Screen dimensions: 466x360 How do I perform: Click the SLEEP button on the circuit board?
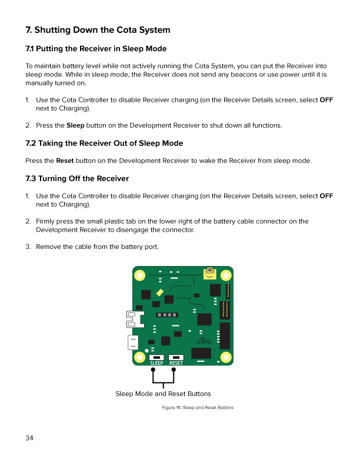(156, 357)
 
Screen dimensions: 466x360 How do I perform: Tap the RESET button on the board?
(176, 357)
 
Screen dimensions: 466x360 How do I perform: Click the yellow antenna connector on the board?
(210, 272)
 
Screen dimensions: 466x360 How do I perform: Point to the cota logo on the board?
(204, 341)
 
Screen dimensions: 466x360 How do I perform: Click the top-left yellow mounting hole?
(140, 275)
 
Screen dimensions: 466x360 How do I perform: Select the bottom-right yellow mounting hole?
(225, 357)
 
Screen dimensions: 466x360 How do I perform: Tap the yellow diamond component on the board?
(160, 292)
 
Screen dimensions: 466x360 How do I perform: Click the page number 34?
(29, 438)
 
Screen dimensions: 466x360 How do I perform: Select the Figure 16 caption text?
(198, 407)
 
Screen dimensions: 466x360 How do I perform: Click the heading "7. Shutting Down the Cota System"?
(98, 30)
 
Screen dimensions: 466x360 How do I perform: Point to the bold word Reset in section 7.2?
(65, 161)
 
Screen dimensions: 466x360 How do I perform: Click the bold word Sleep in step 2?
(75, 125)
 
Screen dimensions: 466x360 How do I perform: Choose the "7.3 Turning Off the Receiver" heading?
(77, 178)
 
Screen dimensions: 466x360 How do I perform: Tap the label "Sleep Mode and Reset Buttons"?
(163, 394)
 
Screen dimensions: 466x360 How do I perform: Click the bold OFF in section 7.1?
(326, 100)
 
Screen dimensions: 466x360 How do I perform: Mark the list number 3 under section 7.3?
(28, 247)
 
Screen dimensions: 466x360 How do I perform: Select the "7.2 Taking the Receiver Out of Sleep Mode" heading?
(104, 143)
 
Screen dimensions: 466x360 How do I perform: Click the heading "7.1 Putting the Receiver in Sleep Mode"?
(96, 48)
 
